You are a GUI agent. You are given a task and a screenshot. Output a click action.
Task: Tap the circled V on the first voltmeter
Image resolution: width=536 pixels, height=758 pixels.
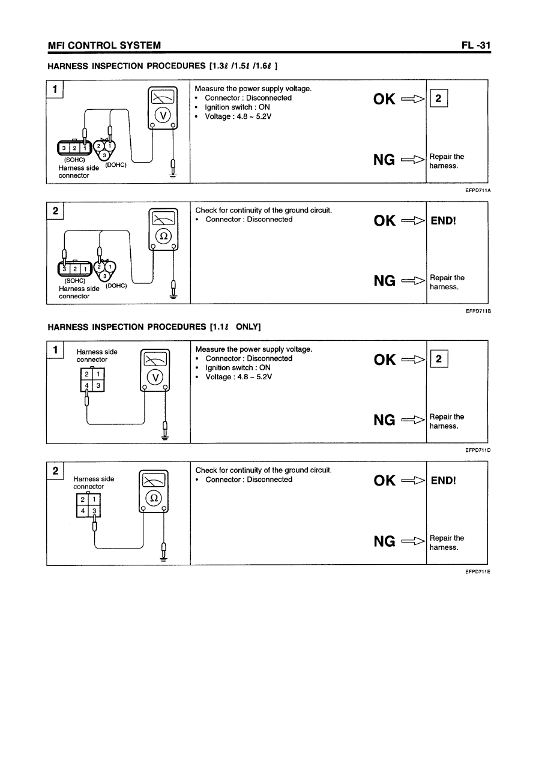(x=163, y=116)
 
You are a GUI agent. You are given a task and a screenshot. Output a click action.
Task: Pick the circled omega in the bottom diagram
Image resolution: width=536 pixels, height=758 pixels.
(x=154, y=498)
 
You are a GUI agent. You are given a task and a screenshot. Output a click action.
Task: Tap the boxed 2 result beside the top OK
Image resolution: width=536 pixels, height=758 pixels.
(x=439, y=100)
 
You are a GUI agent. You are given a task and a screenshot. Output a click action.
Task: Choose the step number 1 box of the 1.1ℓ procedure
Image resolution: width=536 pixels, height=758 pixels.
(x=55, y=349)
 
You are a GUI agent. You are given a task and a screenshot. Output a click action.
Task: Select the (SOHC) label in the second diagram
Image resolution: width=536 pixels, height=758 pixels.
(x=74, y=280)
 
